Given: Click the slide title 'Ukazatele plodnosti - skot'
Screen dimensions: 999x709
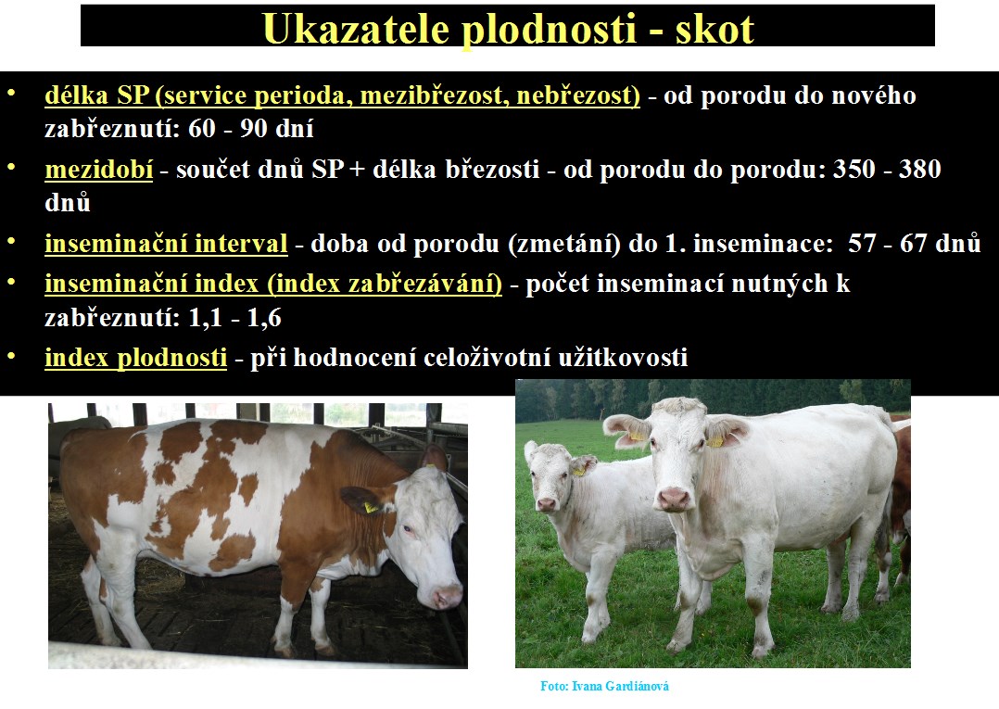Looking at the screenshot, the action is [x=508, y=28].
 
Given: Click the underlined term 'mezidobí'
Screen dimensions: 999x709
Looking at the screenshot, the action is [x=99, y=170].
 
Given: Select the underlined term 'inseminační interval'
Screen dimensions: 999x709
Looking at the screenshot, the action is [x=166, y=244].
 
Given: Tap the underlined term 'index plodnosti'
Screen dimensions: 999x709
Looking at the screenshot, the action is [x=135, y=358].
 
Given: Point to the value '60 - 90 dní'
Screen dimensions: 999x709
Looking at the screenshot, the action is [x=251, y=129].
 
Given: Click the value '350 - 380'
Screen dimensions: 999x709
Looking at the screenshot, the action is [x=887, y=169].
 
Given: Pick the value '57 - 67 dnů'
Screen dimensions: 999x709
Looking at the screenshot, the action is [x=915, y=244].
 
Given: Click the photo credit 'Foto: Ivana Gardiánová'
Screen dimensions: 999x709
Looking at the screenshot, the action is [x=604, y=686].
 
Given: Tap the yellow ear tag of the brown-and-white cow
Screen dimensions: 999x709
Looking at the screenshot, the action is [x=371, y=508].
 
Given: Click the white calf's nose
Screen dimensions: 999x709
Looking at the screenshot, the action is [x=547, y=504].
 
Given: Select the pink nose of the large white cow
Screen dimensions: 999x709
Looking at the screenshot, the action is [x=674, y=498].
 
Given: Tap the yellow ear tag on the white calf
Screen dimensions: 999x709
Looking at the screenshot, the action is [x=578, y=471].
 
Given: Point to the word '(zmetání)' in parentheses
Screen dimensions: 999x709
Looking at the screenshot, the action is [x=563, y=244].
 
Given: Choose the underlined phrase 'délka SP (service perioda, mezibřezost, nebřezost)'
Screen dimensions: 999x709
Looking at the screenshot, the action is [x=342, y=95].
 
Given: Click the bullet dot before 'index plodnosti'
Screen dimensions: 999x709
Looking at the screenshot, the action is [x=11, y=356].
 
